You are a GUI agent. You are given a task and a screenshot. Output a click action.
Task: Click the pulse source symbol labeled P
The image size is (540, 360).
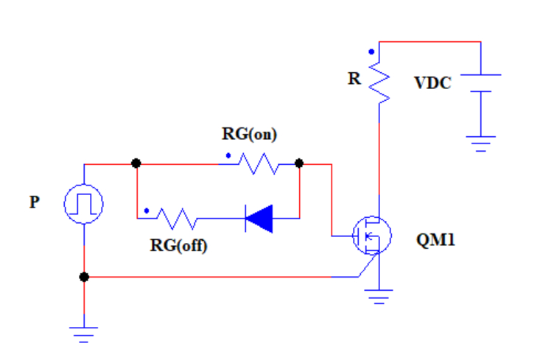pyautogui.click(x=84, y=204)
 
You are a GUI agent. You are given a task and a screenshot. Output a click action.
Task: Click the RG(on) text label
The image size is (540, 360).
pyautogui.click(x=249, y=134)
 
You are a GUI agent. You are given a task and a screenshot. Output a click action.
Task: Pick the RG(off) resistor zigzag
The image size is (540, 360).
pyautogui.click(x=175, y=219)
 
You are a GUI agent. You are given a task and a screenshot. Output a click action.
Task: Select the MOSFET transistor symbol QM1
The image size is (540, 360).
pyautogui.click(x=371, y=236)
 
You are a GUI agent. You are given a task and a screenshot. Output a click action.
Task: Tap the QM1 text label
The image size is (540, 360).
pyautogui.click(x=435, y=240)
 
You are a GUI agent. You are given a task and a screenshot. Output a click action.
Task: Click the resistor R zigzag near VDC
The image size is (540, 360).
pyautogui.click(x=379, y=82)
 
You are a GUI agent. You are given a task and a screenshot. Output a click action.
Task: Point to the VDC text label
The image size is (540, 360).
pyautogui.click(x=432, y=83)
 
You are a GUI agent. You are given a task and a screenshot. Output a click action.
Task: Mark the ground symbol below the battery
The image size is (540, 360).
pyautogui.click(x=481, y=142)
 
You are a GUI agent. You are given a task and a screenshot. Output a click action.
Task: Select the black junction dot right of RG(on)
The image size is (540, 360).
pyautogui.click(x=299, y=163)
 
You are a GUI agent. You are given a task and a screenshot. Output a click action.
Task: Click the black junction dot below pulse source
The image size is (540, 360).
pyautogui.click(x=84, y=277)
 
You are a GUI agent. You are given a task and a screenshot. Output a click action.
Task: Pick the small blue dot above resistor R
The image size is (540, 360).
pyautogui.click(x=372, y=52)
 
